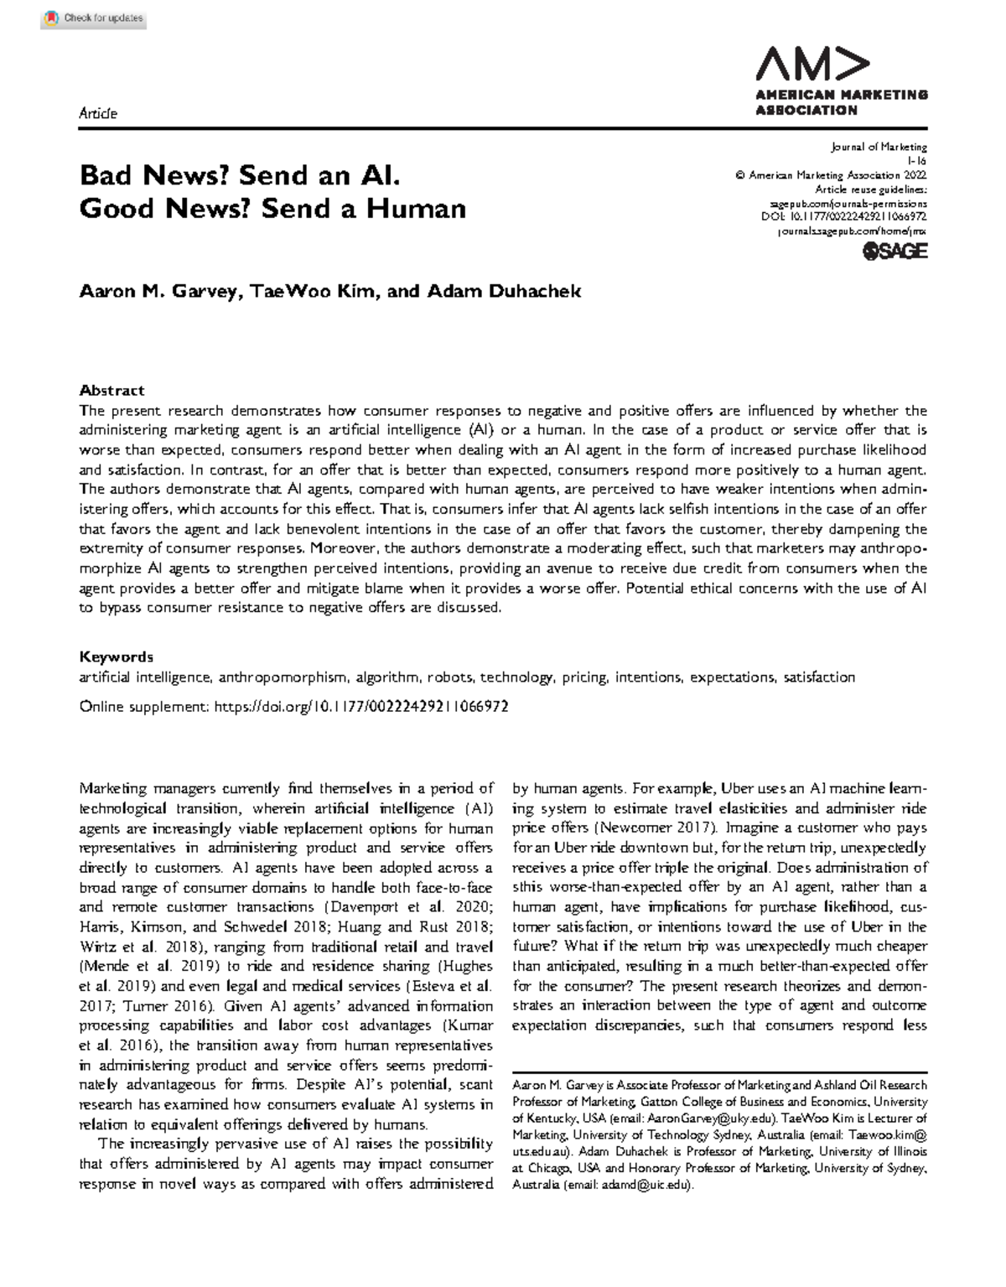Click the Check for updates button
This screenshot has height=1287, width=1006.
[94, 18]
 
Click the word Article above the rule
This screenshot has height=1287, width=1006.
[98, 113]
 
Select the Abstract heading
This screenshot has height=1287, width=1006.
[111, 390]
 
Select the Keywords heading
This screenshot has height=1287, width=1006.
[116, 656]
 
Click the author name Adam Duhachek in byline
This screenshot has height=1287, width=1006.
[504, 291]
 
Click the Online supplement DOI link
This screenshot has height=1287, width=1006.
[361, 707]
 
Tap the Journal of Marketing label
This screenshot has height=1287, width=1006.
[879, 148]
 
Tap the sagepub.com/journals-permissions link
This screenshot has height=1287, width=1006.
[848, 202]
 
